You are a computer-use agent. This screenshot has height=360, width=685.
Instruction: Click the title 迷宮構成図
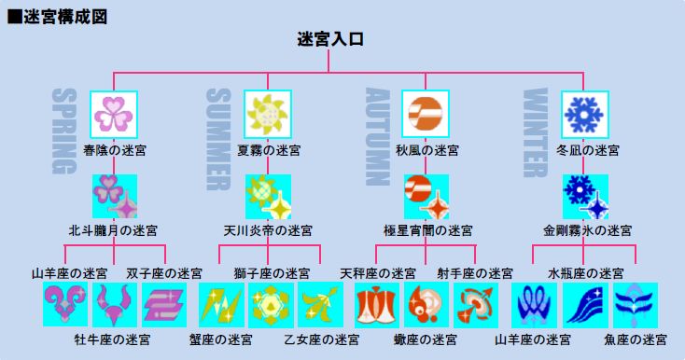(x=64, y=17)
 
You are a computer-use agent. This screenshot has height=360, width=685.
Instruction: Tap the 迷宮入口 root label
(x=330, y=39)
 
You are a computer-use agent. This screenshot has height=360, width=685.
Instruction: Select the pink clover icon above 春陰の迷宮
(x=114, y=115)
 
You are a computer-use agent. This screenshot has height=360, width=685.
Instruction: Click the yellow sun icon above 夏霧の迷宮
(x=268, y=115)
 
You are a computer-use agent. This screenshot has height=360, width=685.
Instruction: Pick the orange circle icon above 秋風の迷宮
(x=425, y=115)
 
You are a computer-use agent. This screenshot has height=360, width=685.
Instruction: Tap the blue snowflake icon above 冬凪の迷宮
(x=584, y=115)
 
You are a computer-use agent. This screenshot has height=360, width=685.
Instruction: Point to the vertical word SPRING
(x=64, y=131)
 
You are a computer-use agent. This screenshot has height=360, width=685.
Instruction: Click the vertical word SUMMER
(x=217, y=139)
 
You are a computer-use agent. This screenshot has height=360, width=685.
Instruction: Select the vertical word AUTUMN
(x=377, y=137)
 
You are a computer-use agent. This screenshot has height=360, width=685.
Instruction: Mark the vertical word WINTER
(x=535, y=132)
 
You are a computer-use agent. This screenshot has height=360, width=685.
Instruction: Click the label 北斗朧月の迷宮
(x=113, y=230)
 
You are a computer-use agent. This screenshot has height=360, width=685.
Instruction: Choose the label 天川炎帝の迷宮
(x=268, y=230)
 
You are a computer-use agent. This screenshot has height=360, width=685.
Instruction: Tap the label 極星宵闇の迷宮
(x=427, y=230)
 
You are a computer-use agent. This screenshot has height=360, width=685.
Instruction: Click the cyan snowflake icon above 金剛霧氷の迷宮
(x=585, y=197)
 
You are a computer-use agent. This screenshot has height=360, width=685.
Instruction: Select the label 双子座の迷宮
(x=164, y=273)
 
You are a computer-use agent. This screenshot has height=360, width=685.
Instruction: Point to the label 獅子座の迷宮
(x=272, y=273)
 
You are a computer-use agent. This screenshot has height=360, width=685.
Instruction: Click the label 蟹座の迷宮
(x=220, y=339)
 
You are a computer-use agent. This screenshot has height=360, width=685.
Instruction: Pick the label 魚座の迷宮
(x=636, y=339)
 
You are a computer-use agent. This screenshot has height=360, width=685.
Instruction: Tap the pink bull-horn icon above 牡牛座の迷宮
(x=115, y=305)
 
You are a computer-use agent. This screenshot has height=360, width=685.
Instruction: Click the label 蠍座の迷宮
(x=426, y=339)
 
